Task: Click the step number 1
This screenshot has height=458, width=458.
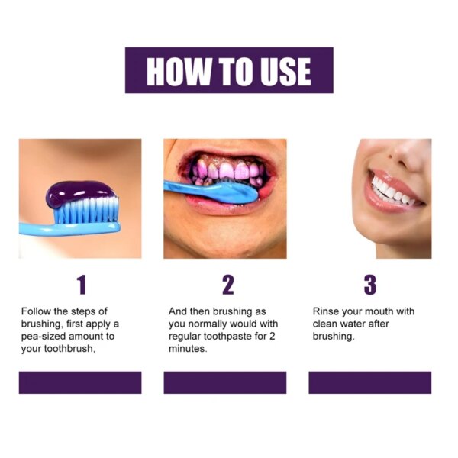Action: [x=81, y=285]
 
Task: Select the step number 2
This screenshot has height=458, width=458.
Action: [x=227, y=285]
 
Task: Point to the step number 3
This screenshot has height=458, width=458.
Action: [x=370, y=285]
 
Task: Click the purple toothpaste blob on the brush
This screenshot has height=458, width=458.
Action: [x=81, y=192]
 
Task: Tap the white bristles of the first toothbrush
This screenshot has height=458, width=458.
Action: [x=88, y=210]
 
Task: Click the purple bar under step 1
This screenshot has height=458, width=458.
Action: [x=80, y=382]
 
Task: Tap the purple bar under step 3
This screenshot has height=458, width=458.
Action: [x=370, y=382]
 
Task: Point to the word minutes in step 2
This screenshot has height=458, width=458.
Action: [x=187, y=349]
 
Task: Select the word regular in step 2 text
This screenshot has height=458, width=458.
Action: [x=185, y=337]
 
